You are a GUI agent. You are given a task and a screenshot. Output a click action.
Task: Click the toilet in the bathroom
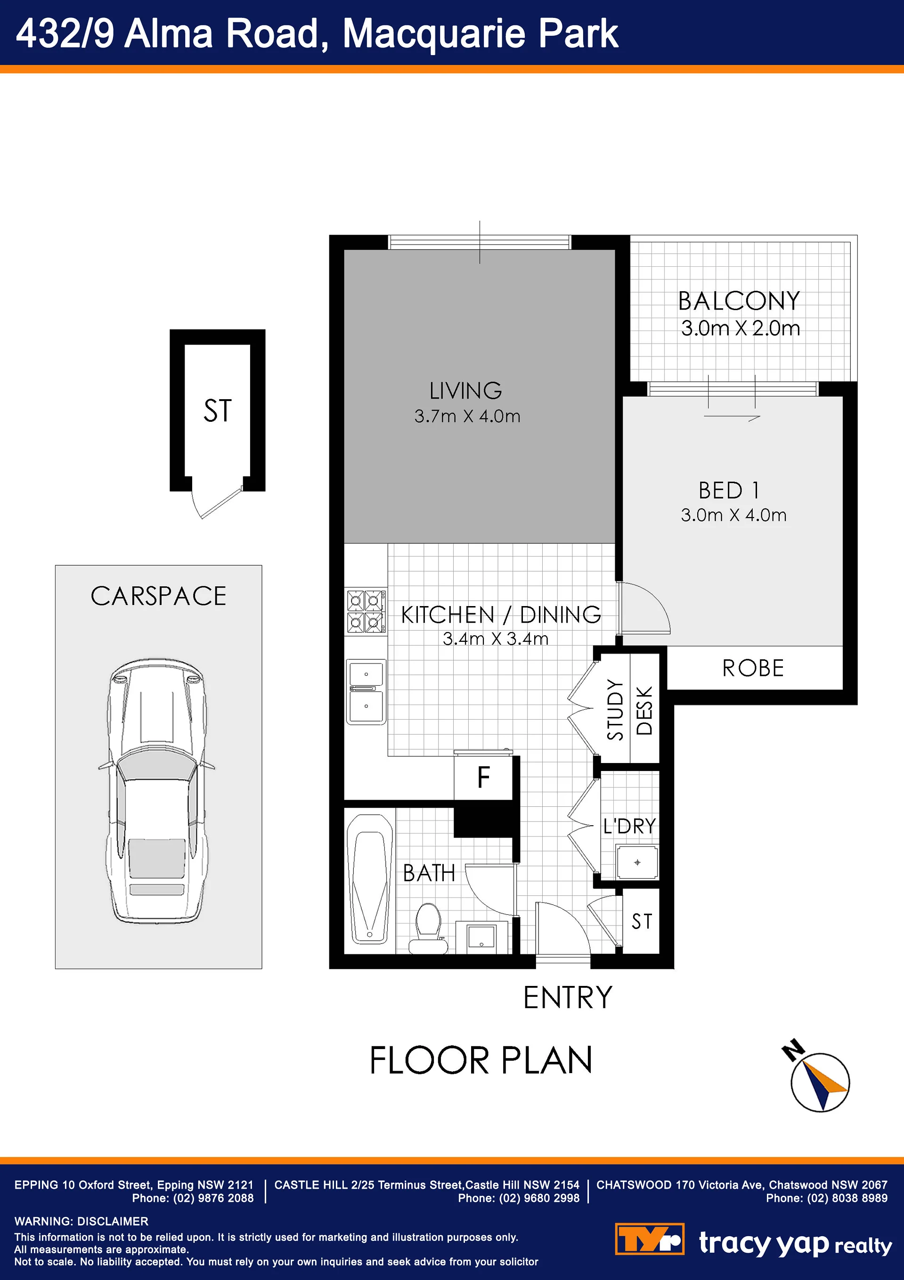click(x=428, y=928)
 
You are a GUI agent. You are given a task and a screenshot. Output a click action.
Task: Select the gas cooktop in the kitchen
click(x=366, y=612)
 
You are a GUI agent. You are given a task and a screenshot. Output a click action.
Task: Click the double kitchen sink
click(x=366, y=691)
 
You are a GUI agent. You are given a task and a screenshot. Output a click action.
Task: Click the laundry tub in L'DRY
click(x=637, y=862)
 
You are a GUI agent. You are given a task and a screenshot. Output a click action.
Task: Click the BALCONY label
click(x=739, y=301)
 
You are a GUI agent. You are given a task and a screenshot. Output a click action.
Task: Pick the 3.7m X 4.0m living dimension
click(x=467, y=416)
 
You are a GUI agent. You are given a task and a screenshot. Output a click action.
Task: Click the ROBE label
click(x=753, y=668)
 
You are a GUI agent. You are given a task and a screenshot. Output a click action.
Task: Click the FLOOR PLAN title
click(x=481, y=1060)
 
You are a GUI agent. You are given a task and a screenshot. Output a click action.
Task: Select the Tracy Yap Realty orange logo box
click(x=649, y=1239)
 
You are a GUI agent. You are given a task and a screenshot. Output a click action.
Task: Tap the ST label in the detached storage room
click(x=217, y=411)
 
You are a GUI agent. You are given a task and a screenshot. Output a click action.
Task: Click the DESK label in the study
click(x=644, y=711)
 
